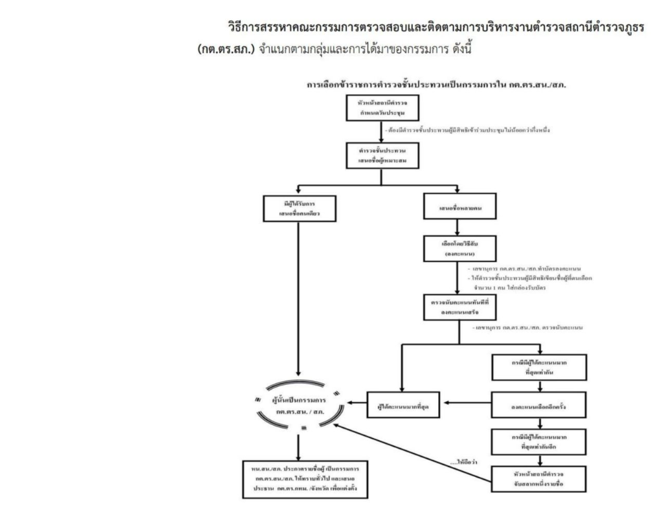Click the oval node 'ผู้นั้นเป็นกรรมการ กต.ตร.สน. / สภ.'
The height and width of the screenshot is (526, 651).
pos(296,405)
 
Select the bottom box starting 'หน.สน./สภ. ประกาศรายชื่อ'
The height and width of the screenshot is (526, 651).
pos(297,480)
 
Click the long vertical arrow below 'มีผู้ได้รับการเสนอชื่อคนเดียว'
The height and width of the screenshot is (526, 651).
pos(297,298)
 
